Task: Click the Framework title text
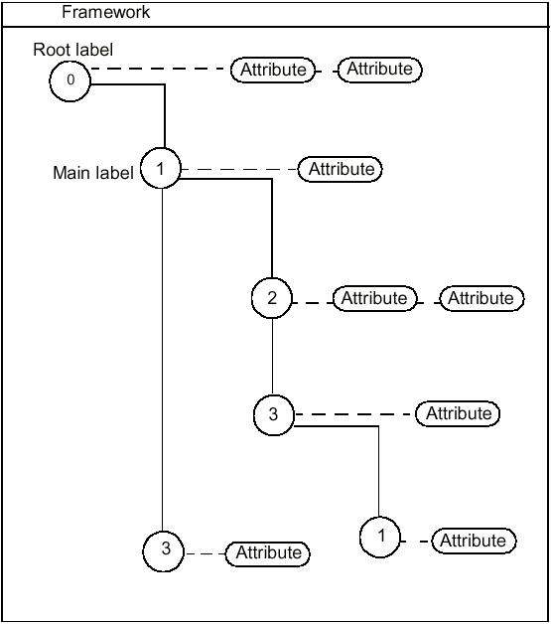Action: point(106,12)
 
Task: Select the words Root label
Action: point(73,50)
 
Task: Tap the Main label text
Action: point(92,173)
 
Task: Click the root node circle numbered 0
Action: point(70,80)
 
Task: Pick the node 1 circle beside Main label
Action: point(161,169)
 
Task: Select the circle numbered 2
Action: point(272,298)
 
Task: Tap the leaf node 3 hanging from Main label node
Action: point(164,550)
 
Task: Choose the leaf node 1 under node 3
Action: point(380,538)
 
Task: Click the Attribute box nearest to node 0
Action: point(273,70)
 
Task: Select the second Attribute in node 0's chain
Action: point(379,70)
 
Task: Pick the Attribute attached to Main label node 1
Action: point(341,169)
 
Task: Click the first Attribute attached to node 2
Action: point(374,298)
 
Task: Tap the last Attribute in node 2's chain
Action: point(481,298)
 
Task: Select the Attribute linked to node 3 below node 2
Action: point(458,413)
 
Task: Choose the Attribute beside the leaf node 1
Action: point(473,541)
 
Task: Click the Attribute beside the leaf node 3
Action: point(268,552)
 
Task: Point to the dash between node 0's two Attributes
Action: point(327,70)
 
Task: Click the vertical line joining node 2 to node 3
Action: point(273,357)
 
